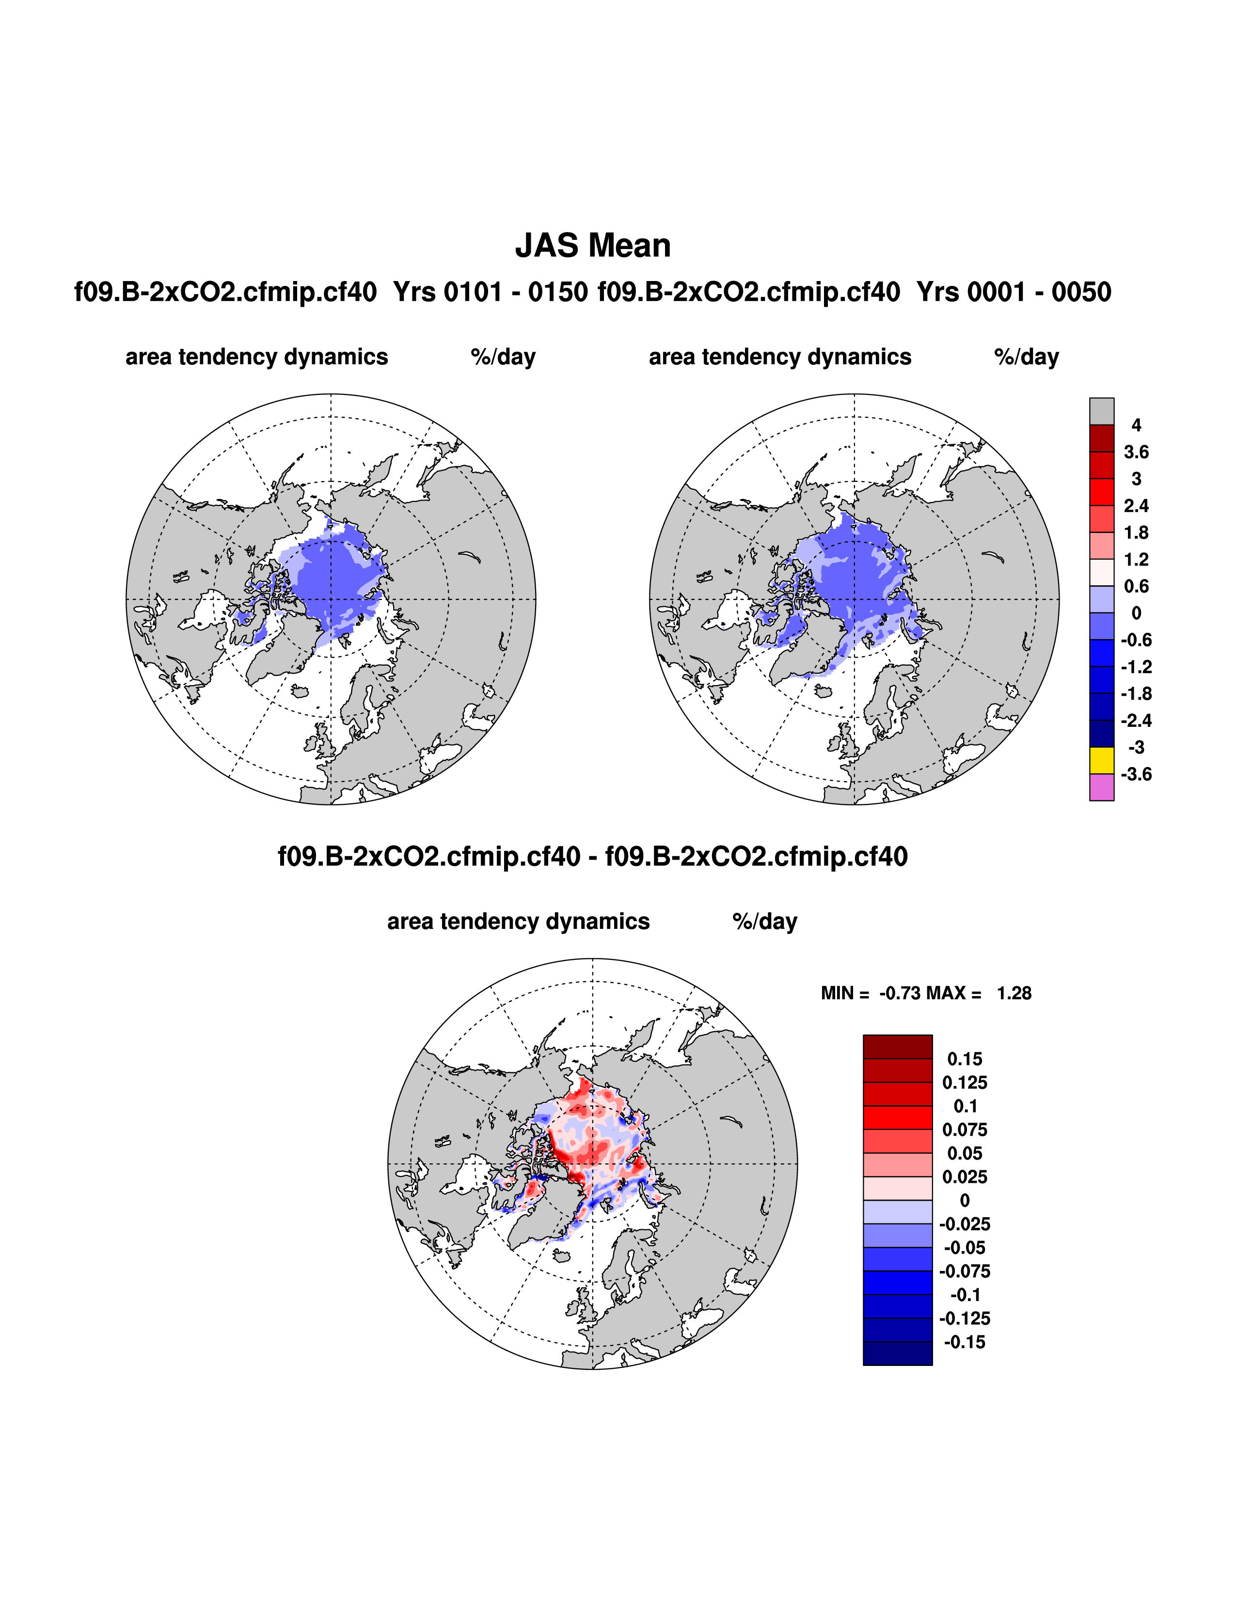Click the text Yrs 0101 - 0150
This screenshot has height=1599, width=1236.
490,292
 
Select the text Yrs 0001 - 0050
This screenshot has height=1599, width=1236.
1014,292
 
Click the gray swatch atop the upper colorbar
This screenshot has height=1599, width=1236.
1101,411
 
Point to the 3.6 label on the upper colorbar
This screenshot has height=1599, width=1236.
1136,452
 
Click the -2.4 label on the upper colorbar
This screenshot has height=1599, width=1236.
1136,721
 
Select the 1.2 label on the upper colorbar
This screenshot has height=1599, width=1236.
1136,559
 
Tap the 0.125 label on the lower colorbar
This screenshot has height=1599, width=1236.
965,1082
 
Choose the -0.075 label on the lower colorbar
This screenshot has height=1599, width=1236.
965,1271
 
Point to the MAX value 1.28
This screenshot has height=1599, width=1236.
1014,993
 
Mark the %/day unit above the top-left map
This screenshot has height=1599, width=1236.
503,357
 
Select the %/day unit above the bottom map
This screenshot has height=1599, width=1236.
764,922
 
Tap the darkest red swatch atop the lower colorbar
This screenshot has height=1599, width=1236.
897,1046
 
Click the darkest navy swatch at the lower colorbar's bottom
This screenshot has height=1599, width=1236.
897,1353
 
